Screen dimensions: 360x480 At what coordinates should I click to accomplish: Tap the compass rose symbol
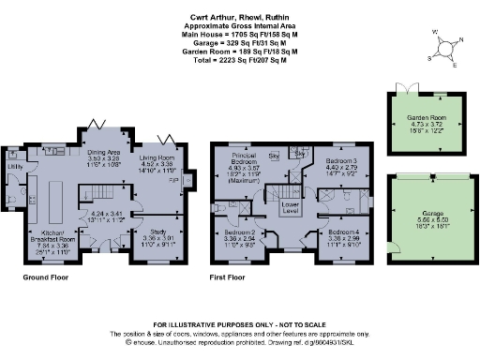(444, 44)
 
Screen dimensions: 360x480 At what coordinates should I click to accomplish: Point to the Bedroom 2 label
(239, 236)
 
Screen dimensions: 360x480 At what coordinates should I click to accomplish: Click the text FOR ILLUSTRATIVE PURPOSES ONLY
(240, 323)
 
